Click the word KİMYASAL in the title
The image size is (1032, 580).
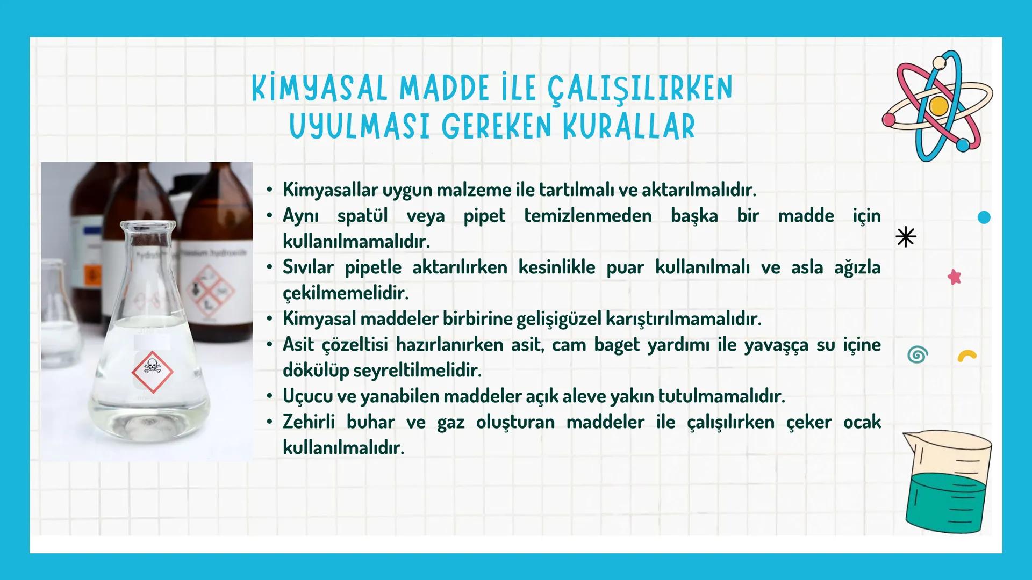point(319,89)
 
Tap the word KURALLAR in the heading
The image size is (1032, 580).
point(629,127)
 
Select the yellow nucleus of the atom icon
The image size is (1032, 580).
point(938,106)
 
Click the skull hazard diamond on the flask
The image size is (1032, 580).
point(152,371)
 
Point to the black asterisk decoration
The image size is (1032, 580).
point(906,237)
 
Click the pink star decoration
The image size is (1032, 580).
point(954,277)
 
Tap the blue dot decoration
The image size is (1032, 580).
point(984,218)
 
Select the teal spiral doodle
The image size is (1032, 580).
point(918,355)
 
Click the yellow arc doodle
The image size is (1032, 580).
point(967,357)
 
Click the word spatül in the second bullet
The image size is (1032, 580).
point(362,216)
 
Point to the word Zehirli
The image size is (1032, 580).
point(309,422)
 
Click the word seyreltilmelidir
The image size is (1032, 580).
point(417,371)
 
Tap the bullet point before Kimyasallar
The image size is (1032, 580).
point(269,190)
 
